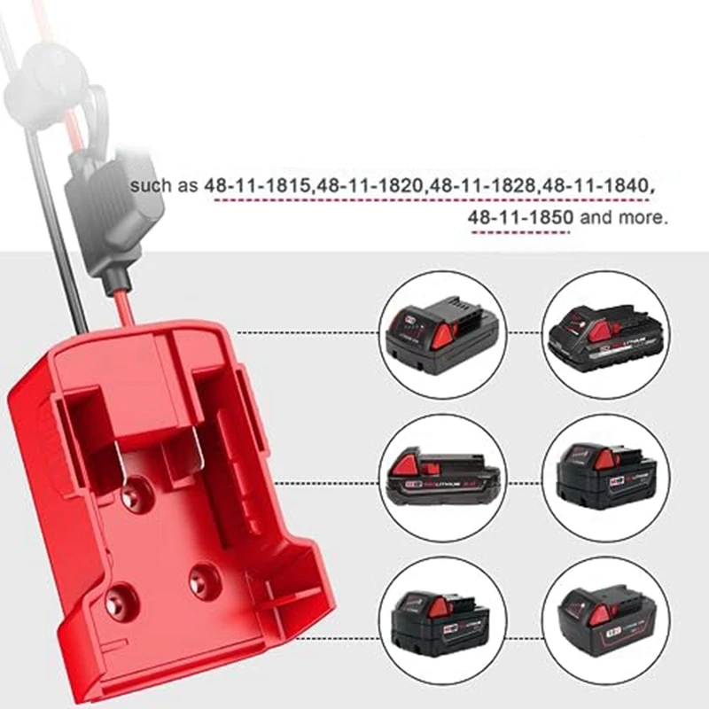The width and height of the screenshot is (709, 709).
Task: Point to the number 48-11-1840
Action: tap(597, 188)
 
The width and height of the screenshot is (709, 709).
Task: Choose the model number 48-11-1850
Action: tap(521, 217)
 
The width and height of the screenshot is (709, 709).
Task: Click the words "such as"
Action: tap(165, 188)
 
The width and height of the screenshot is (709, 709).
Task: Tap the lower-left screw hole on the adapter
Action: tap(117, 601)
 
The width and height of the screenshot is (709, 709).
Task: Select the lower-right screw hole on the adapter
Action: tap(202, 580)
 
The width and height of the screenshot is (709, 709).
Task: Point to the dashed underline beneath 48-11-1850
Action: tap(519, 232)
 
